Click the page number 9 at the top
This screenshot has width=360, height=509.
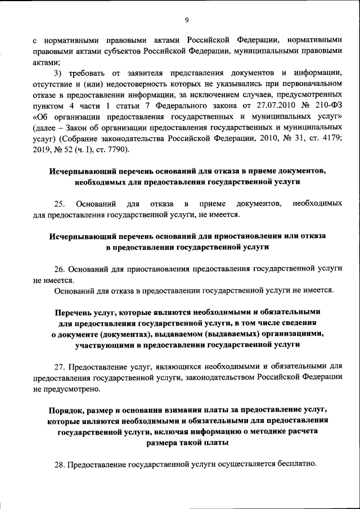click(x=186, y=21)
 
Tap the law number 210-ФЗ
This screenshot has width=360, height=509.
click(x=327, y=105)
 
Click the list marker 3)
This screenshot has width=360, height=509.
click(x=58, y=73)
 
